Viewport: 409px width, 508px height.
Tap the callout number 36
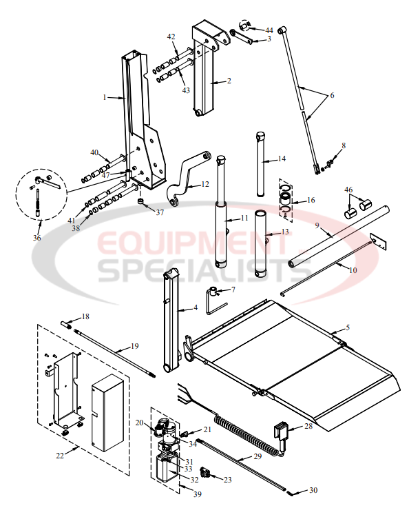click(x=37, y=238)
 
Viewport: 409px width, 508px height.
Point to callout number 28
click(x=308, y=427)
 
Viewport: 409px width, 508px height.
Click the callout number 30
click(x=313, y=491)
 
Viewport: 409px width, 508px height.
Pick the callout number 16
click(x=311, y=200)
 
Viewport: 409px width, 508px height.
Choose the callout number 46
click(x=348, y=189)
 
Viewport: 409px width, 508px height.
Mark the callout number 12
click(x=205, y=184)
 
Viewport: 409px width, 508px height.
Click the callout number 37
click(x=160, y=212)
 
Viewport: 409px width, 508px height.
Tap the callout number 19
click(x=134, y=346)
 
